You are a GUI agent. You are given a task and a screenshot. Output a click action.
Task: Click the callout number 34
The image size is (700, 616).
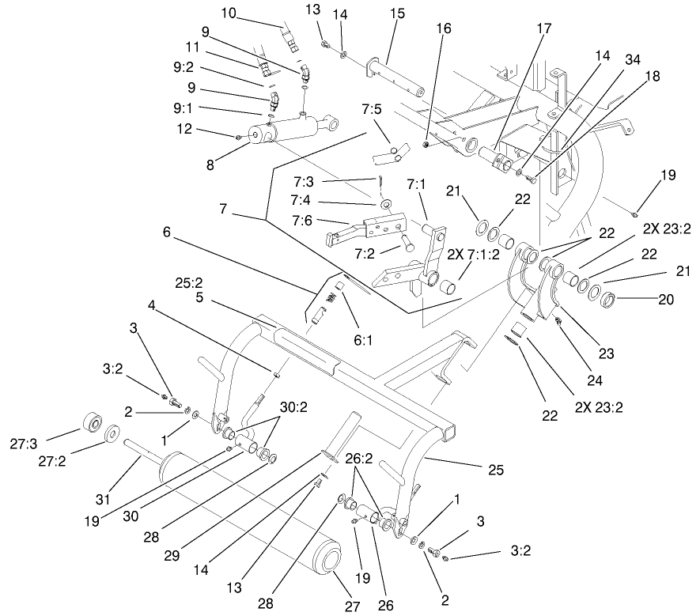[x=632, y=59]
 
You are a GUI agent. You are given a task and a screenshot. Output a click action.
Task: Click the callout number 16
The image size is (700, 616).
[x=445, y=27]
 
